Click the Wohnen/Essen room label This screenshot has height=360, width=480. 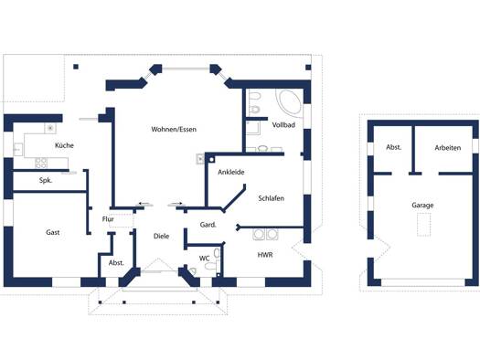(x=174, y=130)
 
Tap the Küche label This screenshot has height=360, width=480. (x=64, y=145)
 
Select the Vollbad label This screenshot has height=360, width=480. (x=283, y=125)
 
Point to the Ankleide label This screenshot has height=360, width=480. (x=231, y=172)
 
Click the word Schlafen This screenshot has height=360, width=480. (x=271, y=198)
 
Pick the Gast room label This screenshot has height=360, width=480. (x=53, y=232)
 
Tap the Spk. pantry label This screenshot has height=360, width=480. (x=46, y=181)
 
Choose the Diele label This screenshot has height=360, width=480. (x=161, y=236)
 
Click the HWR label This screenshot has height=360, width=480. (x=265, y=255)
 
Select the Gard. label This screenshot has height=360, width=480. (x=208, y=225)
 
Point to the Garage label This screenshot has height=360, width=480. (x=422, y=206)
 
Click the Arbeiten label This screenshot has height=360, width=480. (x=448, y=148)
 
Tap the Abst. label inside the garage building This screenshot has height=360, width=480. (x=394, y=147)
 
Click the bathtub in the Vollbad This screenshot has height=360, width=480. (x=289, y=101)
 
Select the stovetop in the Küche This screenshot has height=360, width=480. (x=41, y=163)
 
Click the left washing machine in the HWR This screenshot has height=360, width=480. (x=259, y=234)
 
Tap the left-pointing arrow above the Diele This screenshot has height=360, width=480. (x=144, y=204)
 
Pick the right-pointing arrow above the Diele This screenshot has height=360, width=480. (x=176, y=204)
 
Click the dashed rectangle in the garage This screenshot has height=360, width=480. (x=424, y=225)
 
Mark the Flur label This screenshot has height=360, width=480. (x=108, y=219)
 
